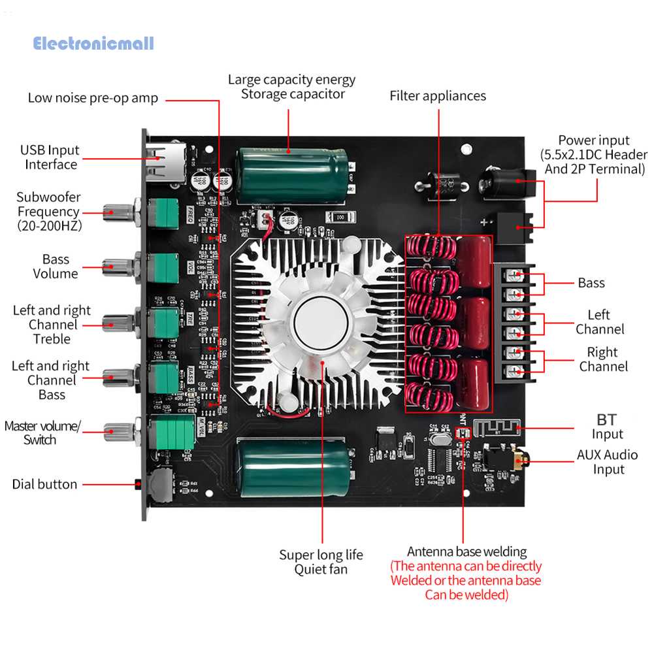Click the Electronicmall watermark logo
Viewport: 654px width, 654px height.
tap(93, 44)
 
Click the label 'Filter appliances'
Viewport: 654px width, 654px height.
tap(438, 96)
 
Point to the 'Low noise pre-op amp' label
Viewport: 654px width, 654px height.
tap(93, 98)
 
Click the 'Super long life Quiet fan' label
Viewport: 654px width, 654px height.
tap(321, 562)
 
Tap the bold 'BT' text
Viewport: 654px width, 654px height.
tap(606, 419)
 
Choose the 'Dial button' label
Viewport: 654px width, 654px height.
tap(44, 484)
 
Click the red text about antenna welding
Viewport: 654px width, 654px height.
tap(466, 580)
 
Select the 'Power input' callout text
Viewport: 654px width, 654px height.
tap(593, 155)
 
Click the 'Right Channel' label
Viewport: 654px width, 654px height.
tap(602, 359)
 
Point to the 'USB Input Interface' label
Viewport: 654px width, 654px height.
tap(50, 157)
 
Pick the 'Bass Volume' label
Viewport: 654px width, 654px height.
tap(56, 267)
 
